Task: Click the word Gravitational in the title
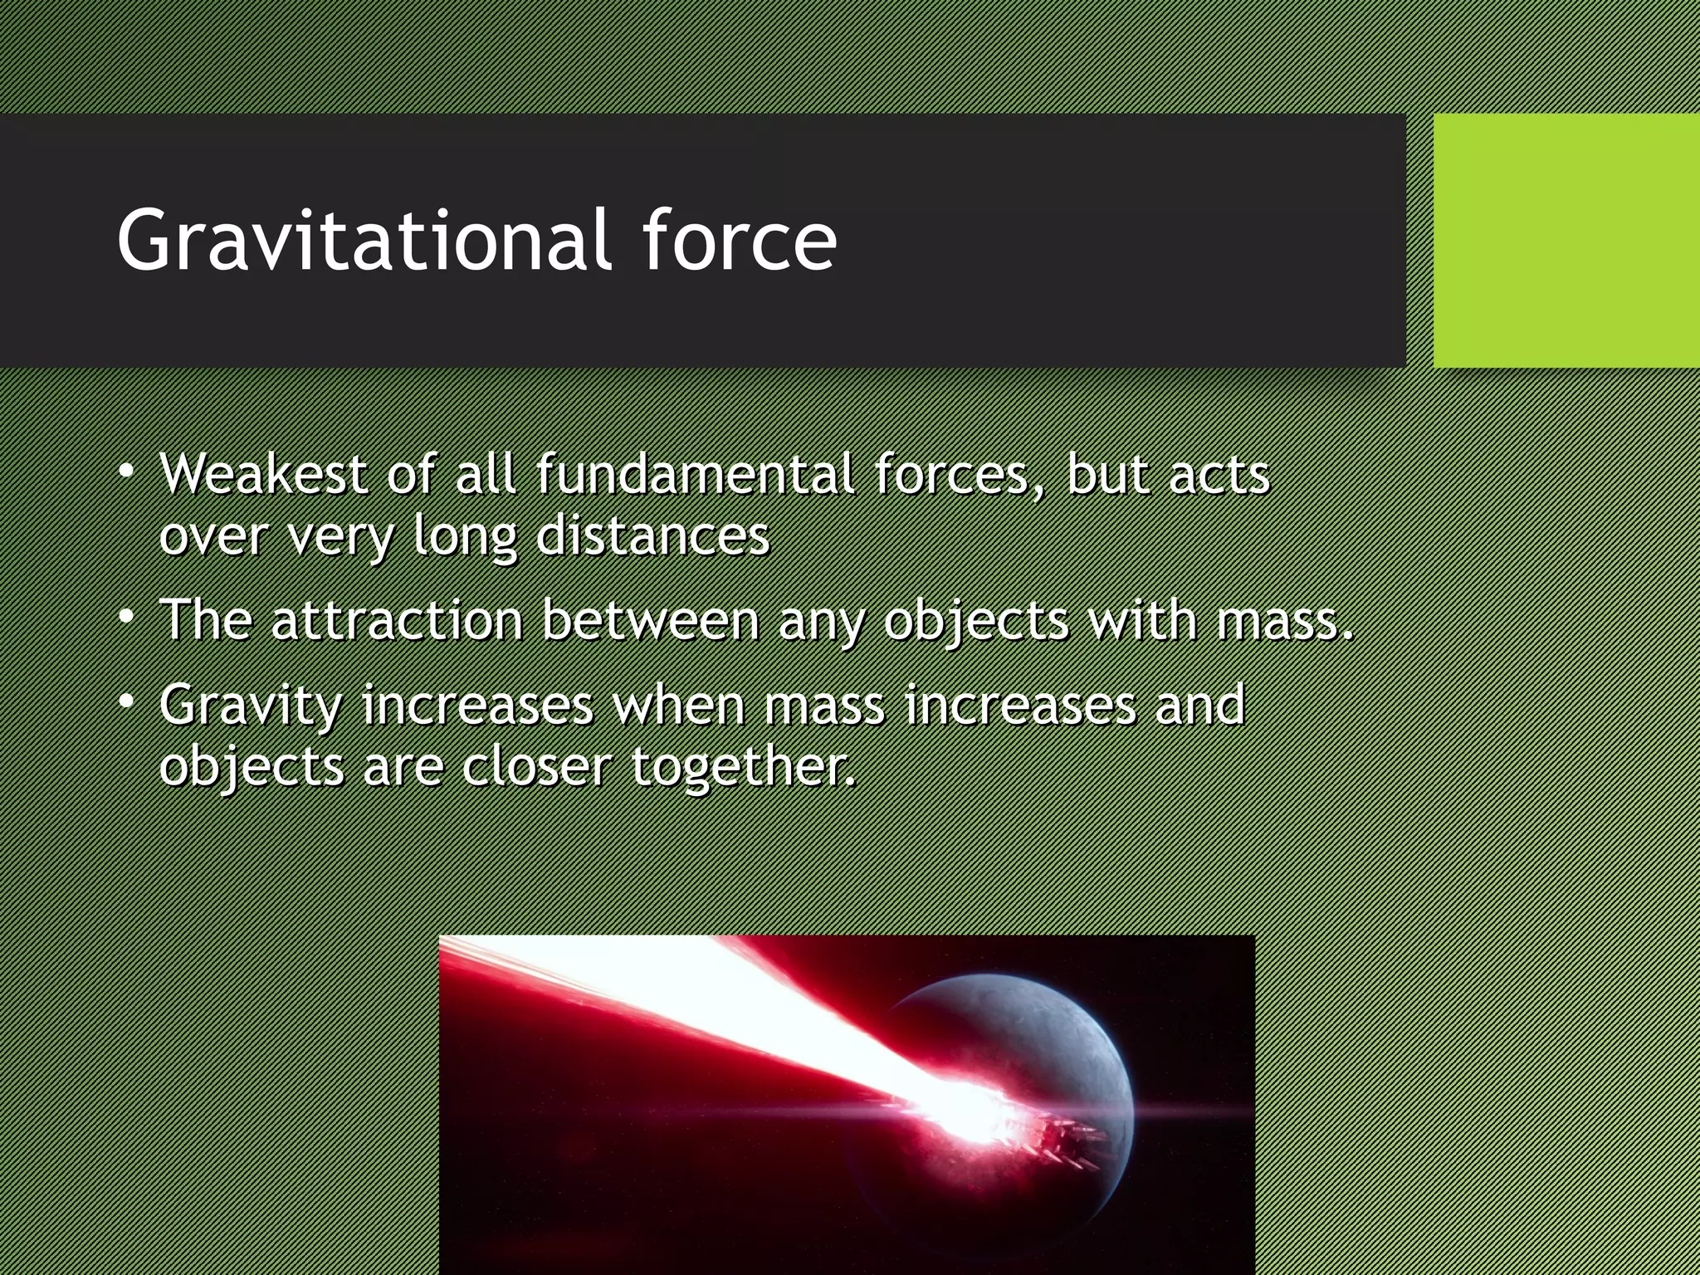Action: pos(364,241)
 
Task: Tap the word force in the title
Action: pos(739,241)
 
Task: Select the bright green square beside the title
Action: pos(1566,241)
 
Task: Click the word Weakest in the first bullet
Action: pos(263,475)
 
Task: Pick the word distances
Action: pos(652,536)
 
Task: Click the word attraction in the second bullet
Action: pos(397,620)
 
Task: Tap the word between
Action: pos(651,620)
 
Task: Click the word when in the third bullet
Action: pos(678,705)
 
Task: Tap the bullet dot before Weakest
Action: pos(126,471)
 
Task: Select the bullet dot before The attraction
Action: pos(126,618)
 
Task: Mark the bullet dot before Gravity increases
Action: pos(126,702)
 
